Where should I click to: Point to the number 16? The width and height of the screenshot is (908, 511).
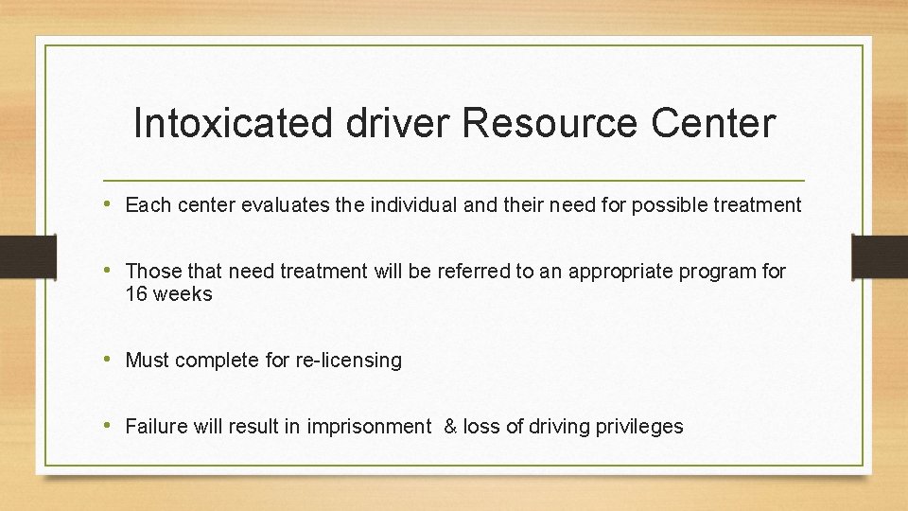[136, 294]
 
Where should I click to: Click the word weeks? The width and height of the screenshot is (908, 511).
[183, 294]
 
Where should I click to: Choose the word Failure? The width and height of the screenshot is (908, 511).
[156, 427]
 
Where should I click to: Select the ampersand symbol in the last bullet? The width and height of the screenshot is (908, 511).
[450, 427]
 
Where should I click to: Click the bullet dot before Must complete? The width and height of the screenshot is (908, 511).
[112, 360]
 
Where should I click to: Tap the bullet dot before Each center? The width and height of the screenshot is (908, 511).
[112, 204]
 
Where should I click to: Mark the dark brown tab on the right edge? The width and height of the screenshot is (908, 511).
[879, 256]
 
